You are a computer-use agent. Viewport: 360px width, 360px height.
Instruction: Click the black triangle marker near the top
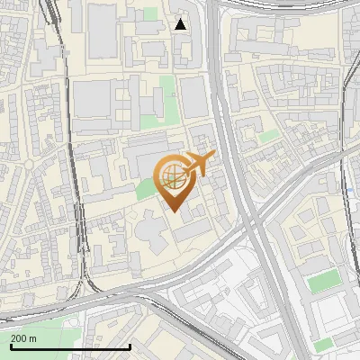pos(181,24)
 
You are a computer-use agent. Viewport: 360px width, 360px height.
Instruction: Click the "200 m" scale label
pos(23,338)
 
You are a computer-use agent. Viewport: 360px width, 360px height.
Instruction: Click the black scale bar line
pos(70,346)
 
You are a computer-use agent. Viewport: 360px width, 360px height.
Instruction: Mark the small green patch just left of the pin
pos(144,188)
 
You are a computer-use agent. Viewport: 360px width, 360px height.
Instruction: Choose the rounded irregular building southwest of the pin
pos(150,236)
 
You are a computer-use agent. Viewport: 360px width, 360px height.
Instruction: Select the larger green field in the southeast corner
pos(322,282)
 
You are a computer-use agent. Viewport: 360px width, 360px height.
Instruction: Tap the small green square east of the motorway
pos(269,136)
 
